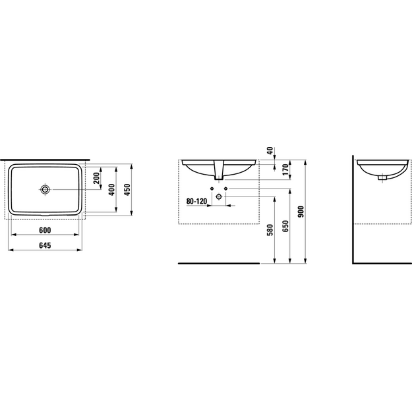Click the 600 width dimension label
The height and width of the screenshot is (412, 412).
(x=45, y=230)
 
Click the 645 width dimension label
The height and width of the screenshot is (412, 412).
(x=45, y=245)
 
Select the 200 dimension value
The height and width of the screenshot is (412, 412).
(x=97, y=178)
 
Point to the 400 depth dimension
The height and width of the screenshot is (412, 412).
(x=112, y=190)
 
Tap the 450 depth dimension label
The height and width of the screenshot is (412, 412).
(x=127, y=190)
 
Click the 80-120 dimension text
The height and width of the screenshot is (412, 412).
(x=196, y=202)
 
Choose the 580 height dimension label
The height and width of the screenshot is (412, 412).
(x=270, y=230)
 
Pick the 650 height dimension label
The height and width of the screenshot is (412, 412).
(x=285, y=226)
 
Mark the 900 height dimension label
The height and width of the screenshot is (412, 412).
(x=301, y=212)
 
